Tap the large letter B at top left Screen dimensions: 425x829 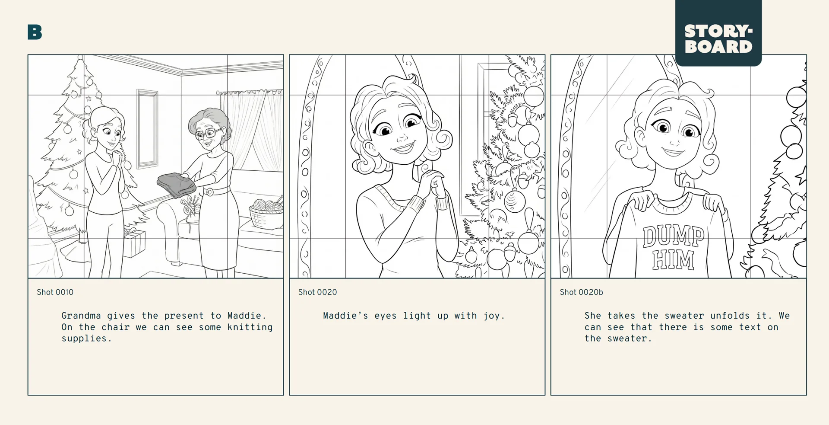(35, 32)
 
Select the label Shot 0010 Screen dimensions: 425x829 (55, 292)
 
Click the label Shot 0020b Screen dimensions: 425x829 (581, 292)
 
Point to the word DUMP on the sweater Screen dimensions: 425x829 (673, 237)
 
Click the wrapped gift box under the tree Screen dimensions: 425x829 (135, 243)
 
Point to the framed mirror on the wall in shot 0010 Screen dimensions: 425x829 (147, 128)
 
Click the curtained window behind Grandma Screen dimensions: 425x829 (253, 130)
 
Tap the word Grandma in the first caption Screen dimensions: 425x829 (81, 316)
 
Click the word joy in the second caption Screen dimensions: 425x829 (491, 316)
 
